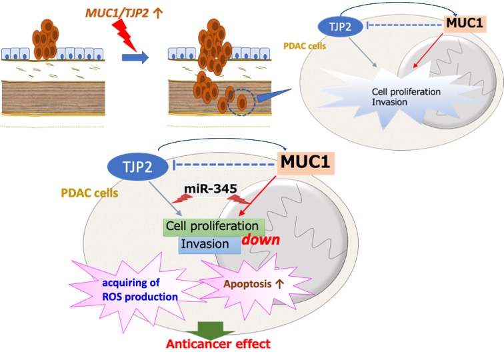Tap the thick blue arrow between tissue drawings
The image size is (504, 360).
(135, 58)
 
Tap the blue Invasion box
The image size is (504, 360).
(209, 245)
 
